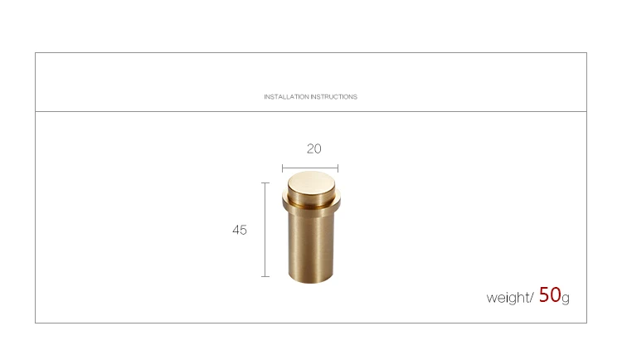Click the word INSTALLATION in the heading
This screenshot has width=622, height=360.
click(286, 97)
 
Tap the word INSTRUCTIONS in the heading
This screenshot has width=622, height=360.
click(334, 97)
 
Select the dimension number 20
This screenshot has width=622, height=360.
click(313, 148)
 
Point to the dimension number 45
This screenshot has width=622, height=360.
click(240, 230)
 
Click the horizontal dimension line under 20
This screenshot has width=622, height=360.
click(310, 168)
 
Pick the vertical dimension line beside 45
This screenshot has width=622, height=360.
click(265, 230)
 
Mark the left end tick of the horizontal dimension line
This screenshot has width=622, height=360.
click(283, 168)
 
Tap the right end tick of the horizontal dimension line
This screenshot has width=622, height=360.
click(338, 168)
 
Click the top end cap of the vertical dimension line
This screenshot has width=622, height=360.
click(265, 183)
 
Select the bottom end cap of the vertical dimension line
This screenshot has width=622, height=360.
click(265, 276)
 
